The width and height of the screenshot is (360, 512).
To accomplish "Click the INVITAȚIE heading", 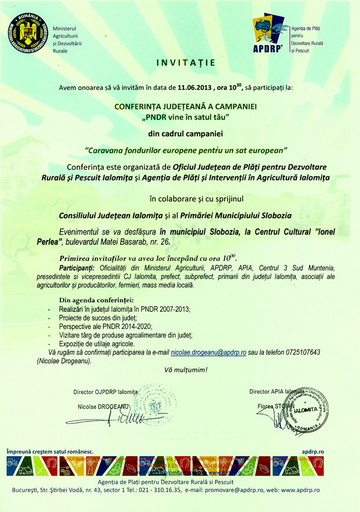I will click(179, 62).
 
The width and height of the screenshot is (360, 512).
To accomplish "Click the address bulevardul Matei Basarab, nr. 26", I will click(118, 241).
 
